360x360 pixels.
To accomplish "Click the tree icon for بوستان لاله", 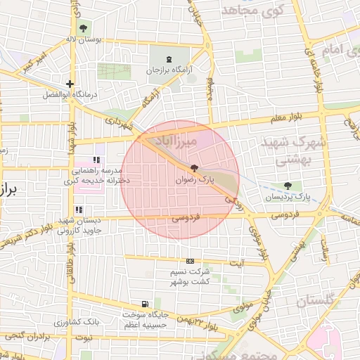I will point(84,28).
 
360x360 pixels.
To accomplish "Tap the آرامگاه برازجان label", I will point(168,70).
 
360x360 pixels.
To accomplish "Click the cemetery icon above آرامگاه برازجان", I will point(168,58).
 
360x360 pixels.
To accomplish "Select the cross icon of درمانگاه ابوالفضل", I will point(69,84).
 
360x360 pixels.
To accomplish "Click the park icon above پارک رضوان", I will point(194,168).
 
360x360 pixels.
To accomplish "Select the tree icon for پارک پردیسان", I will point(287,186).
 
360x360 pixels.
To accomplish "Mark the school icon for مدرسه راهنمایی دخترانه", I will point(96,160).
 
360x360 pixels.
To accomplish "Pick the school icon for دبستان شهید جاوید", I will point(79,210).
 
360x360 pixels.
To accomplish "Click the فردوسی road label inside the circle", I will point(186,219).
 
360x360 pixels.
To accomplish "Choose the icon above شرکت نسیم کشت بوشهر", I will point(190,261).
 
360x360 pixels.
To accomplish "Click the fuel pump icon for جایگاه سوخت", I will point(145,304).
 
